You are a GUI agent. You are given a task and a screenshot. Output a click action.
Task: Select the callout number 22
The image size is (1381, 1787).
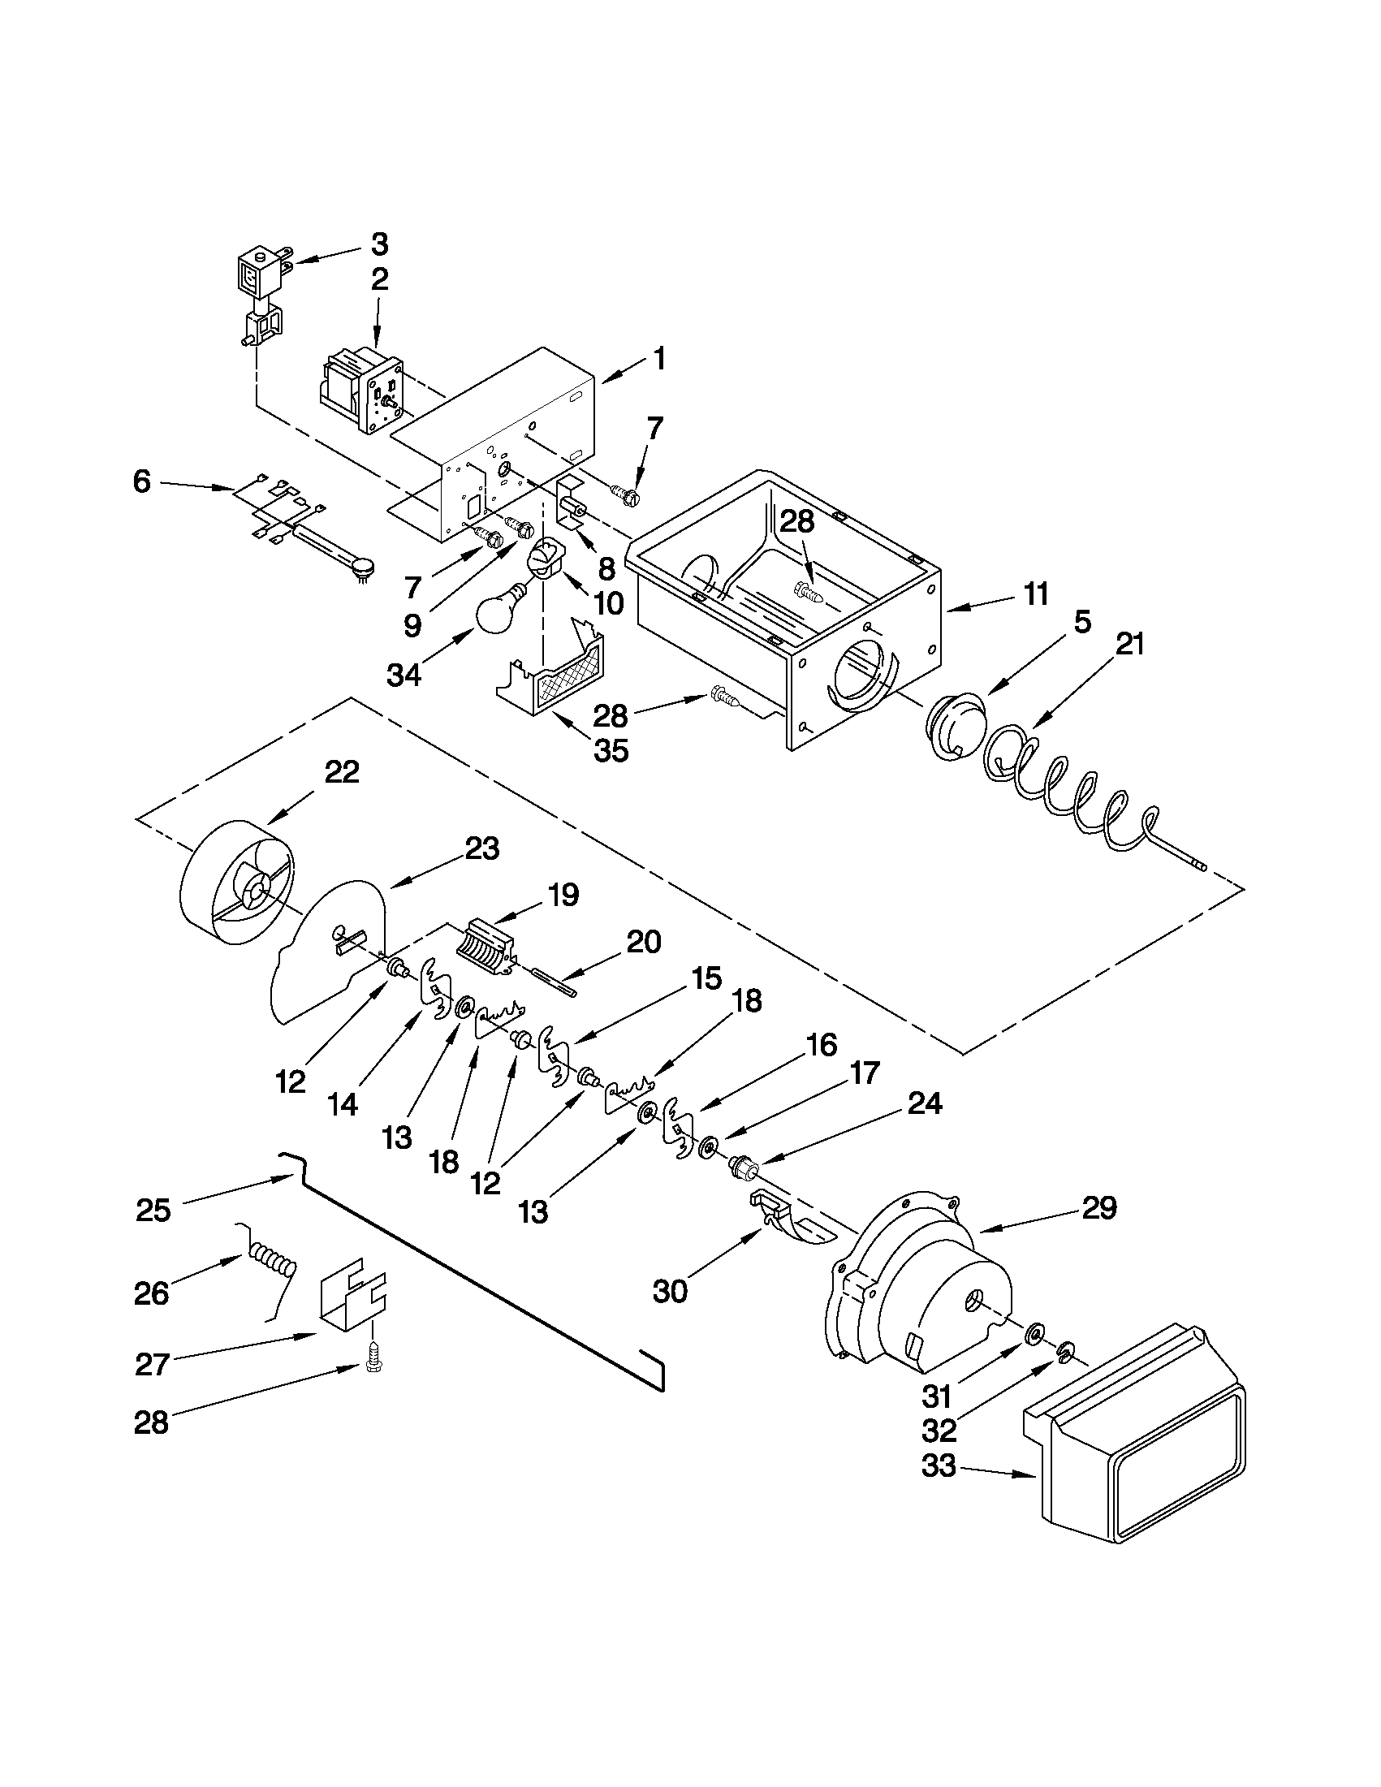coord(341,771)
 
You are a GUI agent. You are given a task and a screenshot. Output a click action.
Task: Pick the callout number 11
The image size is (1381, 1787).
coord(1036,594)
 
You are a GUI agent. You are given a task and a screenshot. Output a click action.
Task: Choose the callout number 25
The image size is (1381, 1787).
coord(153,1210)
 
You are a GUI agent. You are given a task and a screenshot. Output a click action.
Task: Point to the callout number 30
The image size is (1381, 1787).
coord(670,1291)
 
